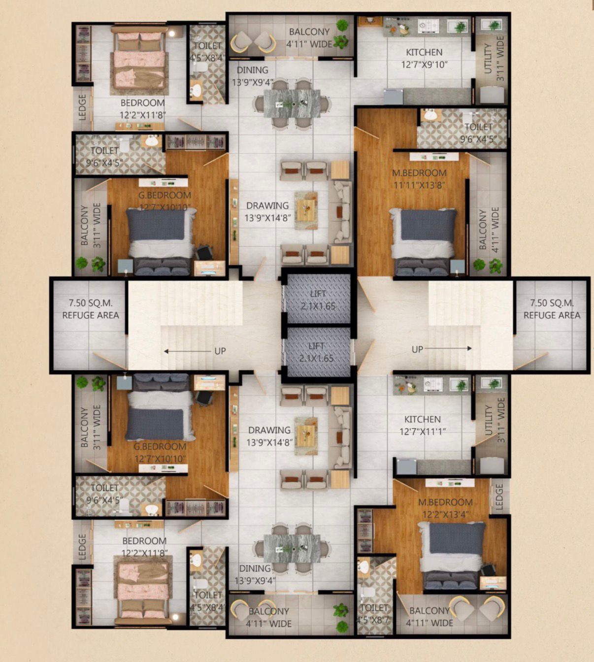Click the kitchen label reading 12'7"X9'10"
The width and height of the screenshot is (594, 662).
pos(424,65)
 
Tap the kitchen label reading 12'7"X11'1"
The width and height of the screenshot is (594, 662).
pos(423,431)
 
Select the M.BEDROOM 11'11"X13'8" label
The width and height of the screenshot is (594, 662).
pos(419,179)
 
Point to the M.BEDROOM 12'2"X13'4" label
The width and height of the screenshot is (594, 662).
pos(445,508)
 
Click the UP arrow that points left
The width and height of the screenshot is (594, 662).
pos(188,351)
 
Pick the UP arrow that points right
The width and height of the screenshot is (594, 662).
pos(448,348)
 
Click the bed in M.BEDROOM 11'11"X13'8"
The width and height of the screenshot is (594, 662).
pos(424,242)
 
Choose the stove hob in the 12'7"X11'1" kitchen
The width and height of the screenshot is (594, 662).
pos(433,384)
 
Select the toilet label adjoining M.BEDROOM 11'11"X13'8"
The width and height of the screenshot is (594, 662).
pos(479,132)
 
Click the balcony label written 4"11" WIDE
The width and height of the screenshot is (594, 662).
pos(429,617)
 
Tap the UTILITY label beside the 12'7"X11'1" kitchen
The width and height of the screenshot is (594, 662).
pos(489,420)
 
